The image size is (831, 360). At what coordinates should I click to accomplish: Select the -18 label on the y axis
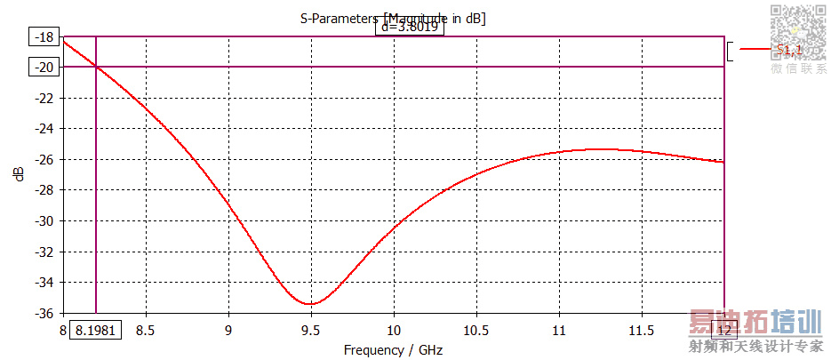point(44,37)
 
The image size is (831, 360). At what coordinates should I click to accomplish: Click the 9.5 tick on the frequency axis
point(311,330)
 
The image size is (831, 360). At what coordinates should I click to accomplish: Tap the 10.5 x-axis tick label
point(477,330)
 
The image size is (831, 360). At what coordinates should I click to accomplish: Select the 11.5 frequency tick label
point(643,330)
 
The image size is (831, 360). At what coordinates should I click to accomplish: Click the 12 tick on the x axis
point(725,330)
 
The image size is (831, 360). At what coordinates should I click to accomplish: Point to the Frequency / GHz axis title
point(395,349)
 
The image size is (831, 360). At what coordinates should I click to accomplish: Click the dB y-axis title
point(20,174)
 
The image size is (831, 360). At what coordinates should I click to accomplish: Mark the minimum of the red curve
point(310,304)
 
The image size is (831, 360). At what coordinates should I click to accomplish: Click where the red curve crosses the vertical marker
point(96,66)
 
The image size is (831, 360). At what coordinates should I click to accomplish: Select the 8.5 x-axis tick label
point(146,330)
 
